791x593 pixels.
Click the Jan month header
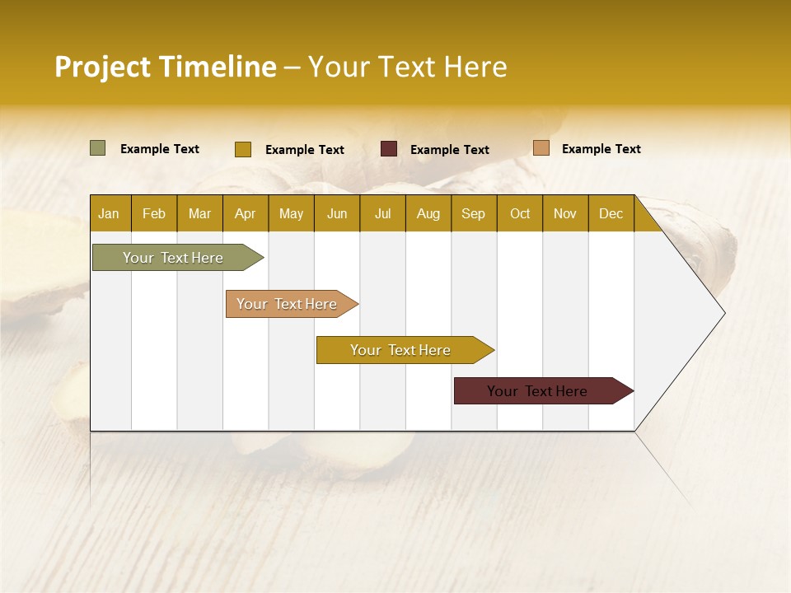[x=109, y=213]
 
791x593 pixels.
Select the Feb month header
[x=154, y=213]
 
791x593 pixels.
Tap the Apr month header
[x=245, y=213]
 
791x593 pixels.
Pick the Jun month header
[x=337, y=213]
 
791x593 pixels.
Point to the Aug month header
[x=428, y=213]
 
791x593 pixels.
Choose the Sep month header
[x=473, y=213]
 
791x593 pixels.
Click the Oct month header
[x=520, y=213]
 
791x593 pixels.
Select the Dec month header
[x=611, y=213]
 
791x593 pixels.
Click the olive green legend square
[x=97, y=148]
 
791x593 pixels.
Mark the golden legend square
[x=242, y=149]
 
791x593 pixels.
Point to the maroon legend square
[x=389, y=149]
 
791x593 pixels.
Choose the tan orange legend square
[x=541, y=148]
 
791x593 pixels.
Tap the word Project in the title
[x=103, y=67]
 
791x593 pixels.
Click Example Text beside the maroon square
[x=449, y=149]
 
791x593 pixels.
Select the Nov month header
[x=564, y=213]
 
